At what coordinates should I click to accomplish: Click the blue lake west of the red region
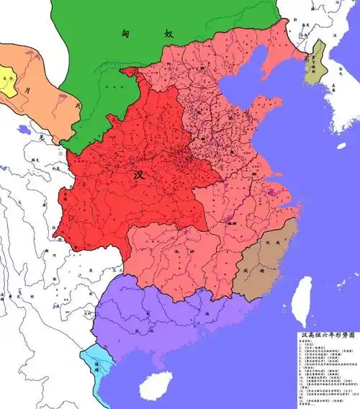26,131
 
